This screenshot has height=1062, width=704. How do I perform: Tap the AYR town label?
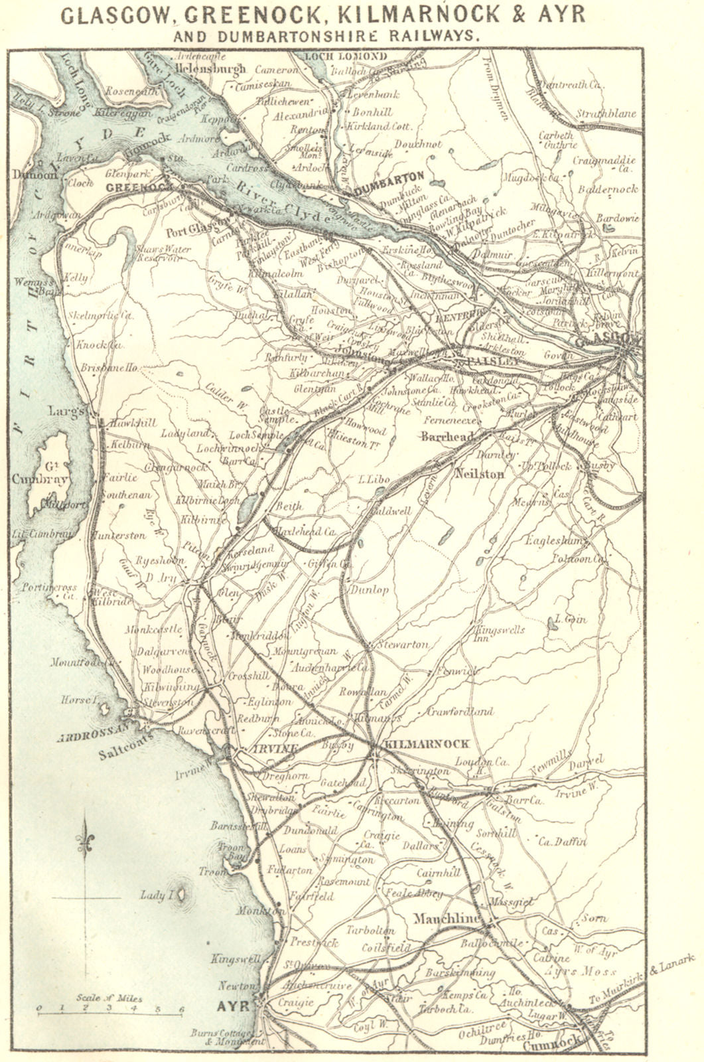(227, 1006)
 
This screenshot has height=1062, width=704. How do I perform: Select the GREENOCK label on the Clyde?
(135, 188)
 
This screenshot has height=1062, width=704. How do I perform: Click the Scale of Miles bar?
(110, 1010)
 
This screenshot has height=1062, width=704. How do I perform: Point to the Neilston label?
(478, 475)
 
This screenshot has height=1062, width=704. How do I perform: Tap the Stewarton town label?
(403, 645)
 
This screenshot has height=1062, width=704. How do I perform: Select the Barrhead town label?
(451, 437)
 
